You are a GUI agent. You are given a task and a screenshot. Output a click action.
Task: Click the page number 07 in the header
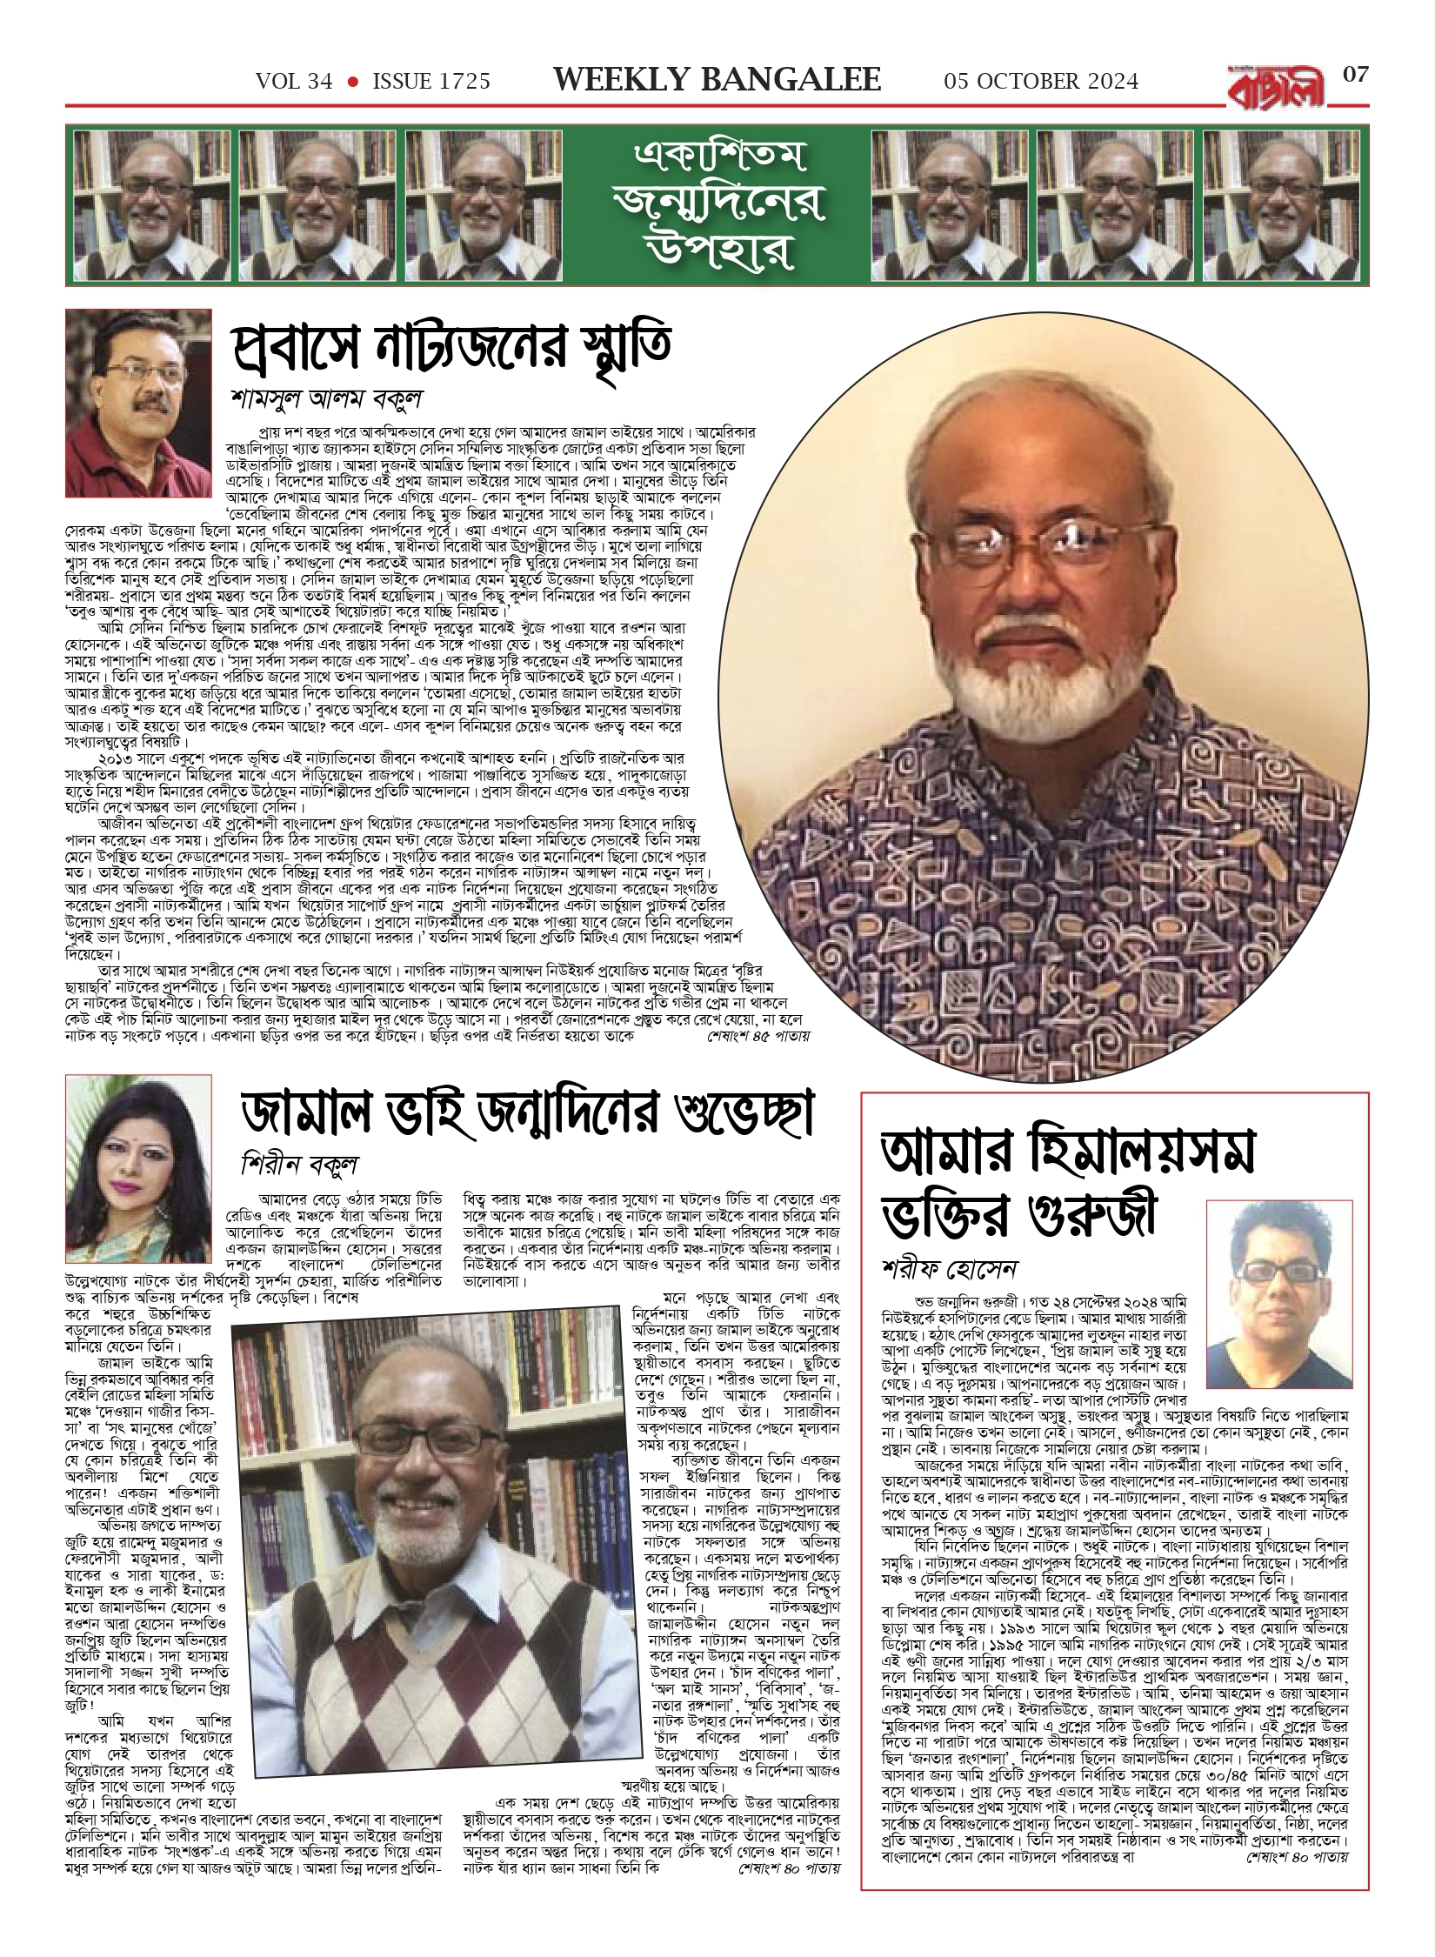point(1356,76)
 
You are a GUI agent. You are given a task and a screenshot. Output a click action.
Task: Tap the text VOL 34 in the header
point(294,82)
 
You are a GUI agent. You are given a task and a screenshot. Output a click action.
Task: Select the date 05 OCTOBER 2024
point(1041,82)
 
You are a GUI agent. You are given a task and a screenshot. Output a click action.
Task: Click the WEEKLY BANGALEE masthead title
point(717,80)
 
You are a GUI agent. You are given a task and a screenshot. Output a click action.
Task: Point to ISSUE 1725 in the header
point(431,82)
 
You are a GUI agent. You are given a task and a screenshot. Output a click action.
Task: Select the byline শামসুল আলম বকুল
point(327,399)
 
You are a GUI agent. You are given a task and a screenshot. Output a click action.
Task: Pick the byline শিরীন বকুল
point(300,1165)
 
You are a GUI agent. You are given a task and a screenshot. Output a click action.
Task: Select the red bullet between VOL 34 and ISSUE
point(352,82)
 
